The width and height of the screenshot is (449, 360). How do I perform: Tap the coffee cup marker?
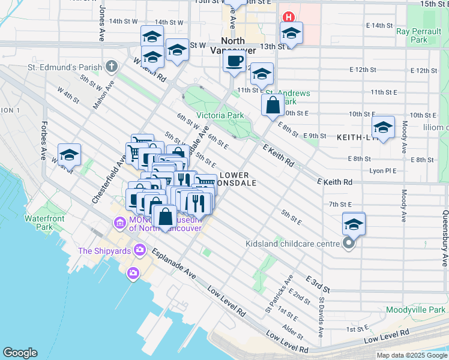pos(234,61)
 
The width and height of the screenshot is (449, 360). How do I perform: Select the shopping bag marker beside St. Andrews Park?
pos(273,105)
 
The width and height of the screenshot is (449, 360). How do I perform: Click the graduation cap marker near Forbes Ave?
pos(70,155)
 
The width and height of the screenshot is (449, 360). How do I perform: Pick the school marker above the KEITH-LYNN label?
pos(383,128)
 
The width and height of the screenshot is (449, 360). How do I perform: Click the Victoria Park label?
pos(220,115)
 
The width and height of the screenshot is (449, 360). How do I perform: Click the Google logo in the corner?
pos(20,353)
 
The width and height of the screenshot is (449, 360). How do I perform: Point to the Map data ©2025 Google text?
pos(411,355)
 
